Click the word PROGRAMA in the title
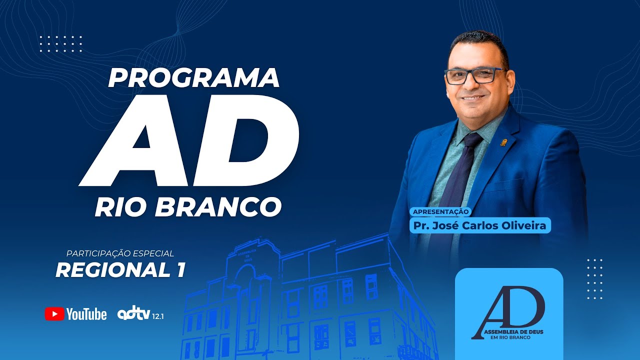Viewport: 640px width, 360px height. pyautogui.click(x=193, y=77)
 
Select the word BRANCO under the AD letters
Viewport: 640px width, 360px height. pyautogui.click(x=218, y=207)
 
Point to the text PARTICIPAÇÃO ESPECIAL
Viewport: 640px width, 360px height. pyautogui.click(x=120, y=253)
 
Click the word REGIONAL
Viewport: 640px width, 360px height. pyautogui.click(x=112, y=270)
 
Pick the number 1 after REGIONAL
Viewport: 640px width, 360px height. pyautogui.click(x=180, y=270)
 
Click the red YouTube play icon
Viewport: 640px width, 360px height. pyautogui.click(x=54, y=314)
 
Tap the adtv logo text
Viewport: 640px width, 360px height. pyautogui.click(x=132, y=314)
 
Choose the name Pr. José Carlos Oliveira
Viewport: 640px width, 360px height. pyautogui.click(x=480, y=225)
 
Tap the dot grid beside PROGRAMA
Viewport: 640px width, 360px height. pyautogui.click(x=60, y=43)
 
